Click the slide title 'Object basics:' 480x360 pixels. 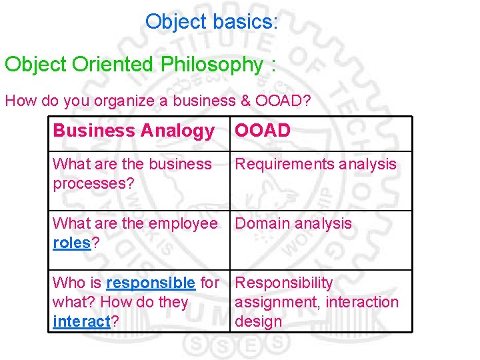[212, 22]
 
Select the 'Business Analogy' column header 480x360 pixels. [133, 131]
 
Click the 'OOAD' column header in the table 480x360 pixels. [263, 131]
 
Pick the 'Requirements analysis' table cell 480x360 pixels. [315, 164]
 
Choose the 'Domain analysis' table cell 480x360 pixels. [293, 223]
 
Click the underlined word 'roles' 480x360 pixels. [71, 243]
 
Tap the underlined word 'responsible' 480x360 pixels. [151, 283]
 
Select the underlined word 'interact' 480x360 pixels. [81, 321]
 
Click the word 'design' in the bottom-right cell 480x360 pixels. [259, 321]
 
